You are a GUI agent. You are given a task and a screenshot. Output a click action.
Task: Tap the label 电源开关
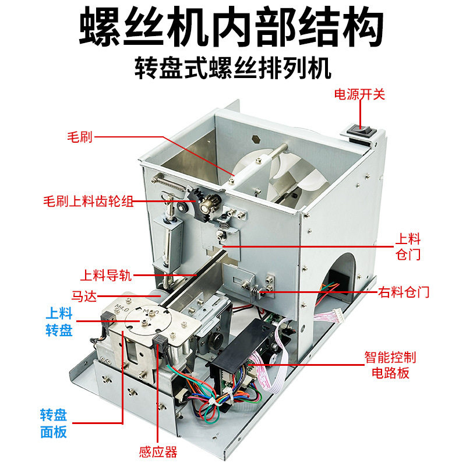click(x=359, y=94)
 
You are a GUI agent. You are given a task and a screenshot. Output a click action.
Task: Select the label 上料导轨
click(x=101, y=274)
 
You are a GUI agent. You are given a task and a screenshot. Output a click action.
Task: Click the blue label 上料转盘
click(x=59, y=322)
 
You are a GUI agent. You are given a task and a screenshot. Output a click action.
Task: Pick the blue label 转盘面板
click(x=54, y=423)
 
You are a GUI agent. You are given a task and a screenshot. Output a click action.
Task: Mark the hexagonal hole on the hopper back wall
click(x=256, y=140)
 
